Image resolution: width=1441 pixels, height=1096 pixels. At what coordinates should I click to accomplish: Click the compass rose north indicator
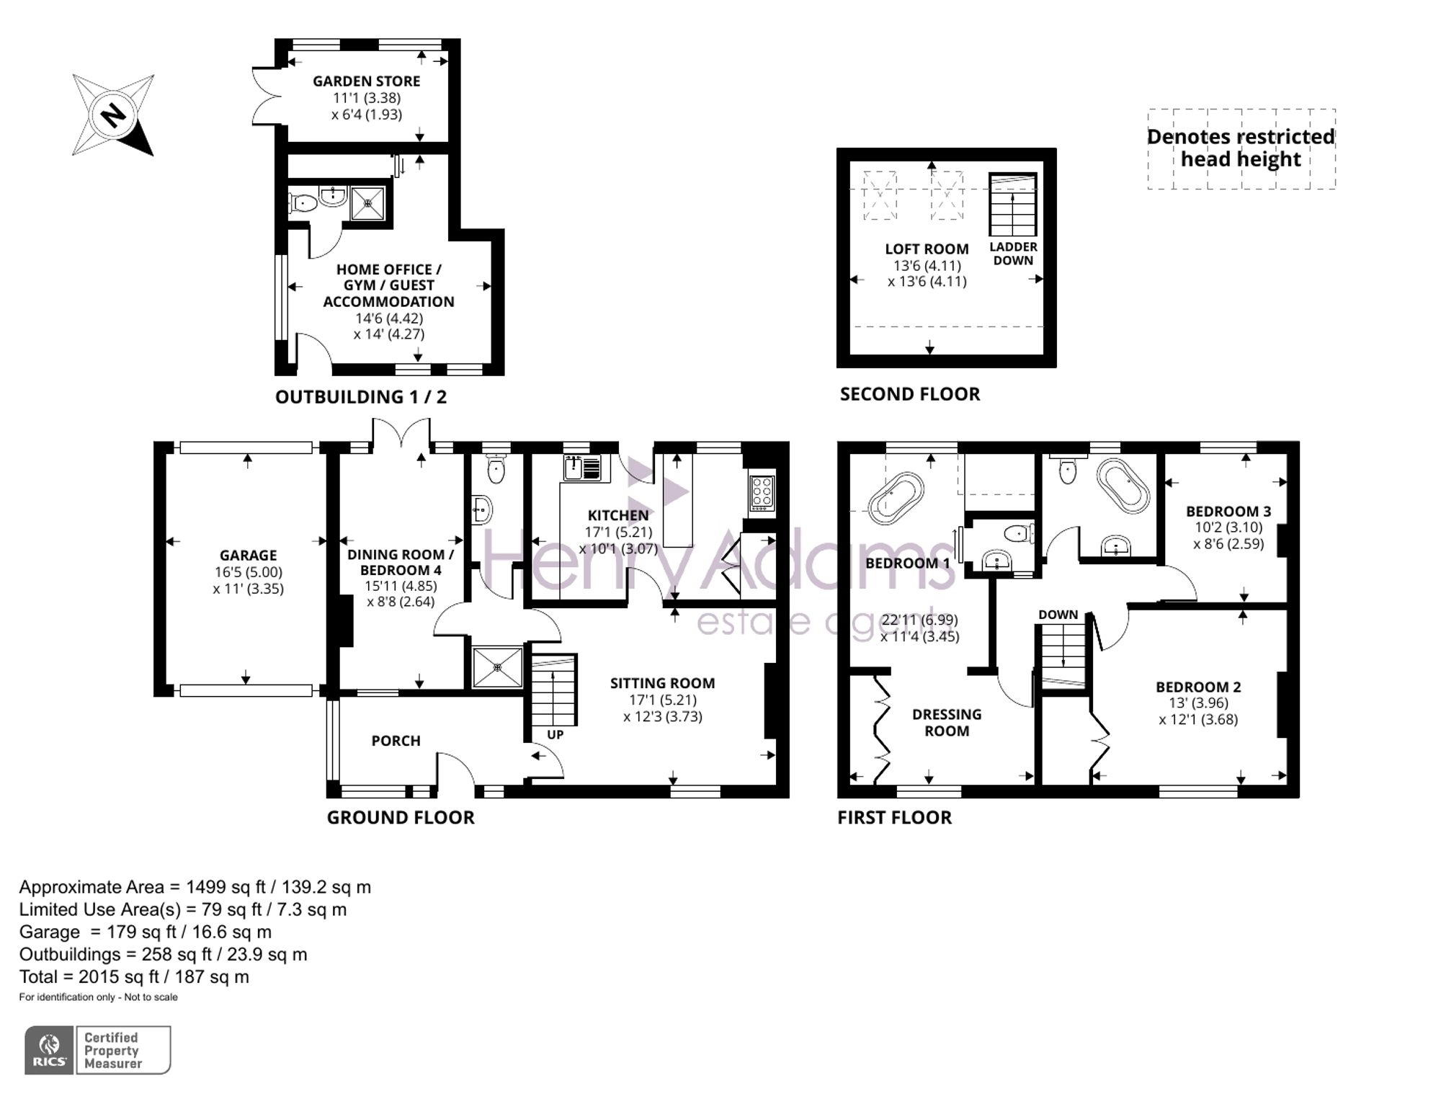pos(113,115)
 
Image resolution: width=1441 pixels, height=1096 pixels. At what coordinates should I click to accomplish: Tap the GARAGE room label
pos(248,556)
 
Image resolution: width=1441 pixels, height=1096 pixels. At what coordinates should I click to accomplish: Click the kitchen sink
pos(582,468)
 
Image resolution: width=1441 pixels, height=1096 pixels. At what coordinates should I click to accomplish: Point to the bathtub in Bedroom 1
pos(896,497)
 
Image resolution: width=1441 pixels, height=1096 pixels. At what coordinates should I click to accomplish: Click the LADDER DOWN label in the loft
pos(1013,254)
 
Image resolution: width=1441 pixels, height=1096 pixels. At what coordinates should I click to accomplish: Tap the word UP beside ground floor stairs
pos(555,735)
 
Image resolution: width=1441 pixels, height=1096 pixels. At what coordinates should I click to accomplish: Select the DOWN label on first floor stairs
pos(1058,615)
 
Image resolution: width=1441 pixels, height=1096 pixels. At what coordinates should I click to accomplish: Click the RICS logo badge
pos(49,1050)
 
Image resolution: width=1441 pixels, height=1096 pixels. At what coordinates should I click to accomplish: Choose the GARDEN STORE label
pos(366,81)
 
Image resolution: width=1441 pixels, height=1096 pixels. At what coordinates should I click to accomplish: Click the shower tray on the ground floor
pos(497,667)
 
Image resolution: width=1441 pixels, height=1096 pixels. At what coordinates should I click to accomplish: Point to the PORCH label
pos(396,741)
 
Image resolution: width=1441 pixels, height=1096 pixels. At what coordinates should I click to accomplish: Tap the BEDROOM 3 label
pos(1228,512)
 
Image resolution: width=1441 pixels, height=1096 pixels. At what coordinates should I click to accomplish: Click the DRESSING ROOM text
pos(946,722)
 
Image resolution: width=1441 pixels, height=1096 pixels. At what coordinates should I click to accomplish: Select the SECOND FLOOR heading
pos(909,394)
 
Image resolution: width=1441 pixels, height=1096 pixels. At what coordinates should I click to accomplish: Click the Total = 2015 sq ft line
pos(134,977)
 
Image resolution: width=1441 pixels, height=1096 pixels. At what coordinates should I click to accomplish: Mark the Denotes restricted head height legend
pos(1241,148)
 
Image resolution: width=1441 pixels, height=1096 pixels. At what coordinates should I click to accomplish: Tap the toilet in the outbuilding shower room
pos(303,202)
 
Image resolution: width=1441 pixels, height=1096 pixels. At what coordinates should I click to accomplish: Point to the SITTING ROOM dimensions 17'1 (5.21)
pos(662,700)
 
